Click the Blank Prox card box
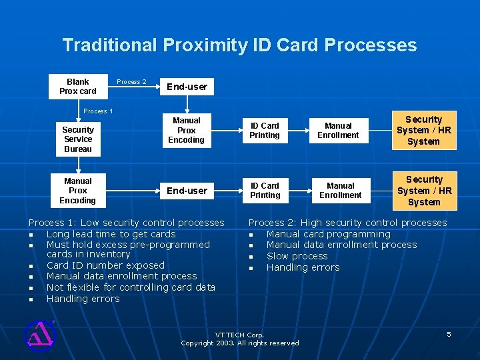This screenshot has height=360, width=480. click(x=77, y=87)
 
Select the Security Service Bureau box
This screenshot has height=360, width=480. click(x=78, y=139)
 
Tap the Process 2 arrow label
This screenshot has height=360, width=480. click(x=131, y=82)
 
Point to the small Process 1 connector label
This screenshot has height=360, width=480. click(x=98, y=111)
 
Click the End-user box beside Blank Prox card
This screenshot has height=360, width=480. click(x=187, y=87)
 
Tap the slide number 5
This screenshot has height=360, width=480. click(x=449, y=334)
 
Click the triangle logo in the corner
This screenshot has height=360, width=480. click(x=39, y=335)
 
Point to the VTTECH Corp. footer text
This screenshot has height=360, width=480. click(x=240, y=335)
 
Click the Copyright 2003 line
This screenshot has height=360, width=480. click(x=240, y=343)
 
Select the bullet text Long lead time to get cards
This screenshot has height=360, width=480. click(x=111, y=234)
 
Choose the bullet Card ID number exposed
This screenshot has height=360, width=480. click(x=105, y=265)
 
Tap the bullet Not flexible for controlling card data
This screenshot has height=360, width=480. click(x=131, y=287)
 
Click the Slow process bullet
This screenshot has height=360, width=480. click(x=297, y=256)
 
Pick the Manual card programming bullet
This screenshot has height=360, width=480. click(x=328, y=234)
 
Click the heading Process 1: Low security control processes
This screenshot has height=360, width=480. click(x=126, y=223)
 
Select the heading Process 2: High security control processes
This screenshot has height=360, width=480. click(x=347, y=223)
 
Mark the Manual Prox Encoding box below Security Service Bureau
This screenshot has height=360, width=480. click(x=78, y=191)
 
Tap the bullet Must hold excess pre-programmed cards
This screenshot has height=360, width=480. click(x=127, y=245)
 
